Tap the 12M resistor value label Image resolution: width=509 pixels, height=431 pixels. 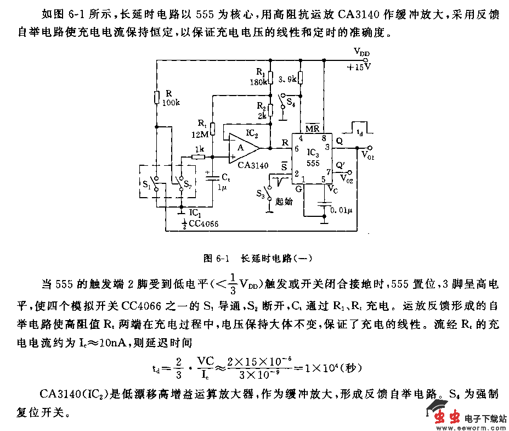200,133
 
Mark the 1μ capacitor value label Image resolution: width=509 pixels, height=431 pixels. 222,187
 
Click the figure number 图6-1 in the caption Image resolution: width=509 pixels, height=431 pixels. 216,257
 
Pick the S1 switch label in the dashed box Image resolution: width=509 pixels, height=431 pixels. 146,183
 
